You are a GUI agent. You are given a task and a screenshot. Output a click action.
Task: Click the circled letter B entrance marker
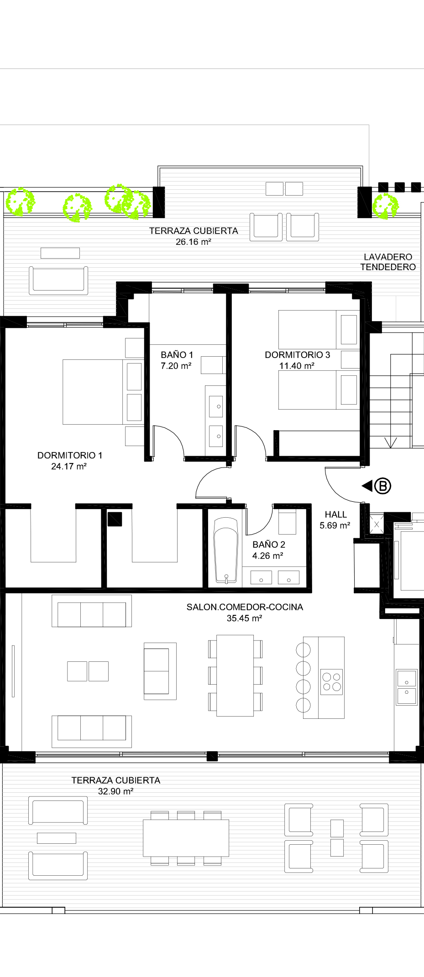pyautogui.click(x=383, y=486)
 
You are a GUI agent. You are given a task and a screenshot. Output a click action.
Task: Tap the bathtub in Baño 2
pyautogui.click(x=225, y=550)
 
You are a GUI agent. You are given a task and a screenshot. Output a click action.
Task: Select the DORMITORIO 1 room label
pyautogui.click(x=70, y=455)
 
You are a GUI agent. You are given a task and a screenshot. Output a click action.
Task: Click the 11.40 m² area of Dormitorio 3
pyautogui.click(x=297, y=366)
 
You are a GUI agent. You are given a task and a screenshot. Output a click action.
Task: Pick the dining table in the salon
pyautogui.click(x=235, y=676)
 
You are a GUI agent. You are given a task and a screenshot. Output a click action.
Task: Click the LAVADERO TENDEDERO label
pyautogui.click(x=388, y=262)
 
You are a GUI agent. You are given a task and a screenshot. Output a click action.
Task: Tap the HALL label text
pyautogui.click(x=336, y=514)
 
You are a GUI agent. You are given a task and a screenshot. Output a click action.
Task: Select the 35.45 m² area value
pyautogui.click(x=244, y=618)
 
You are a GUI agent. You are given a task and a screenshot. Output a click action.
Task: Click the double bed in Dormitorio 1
pyautogui.click(x=103, y=392)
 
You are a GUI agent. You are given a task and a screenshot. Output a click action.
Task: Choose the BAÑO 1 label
pyautogui.click(x=177, y=354)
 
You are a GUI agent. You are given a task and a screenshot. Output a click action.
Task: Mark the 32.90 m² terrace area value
pyautogui.click(x=115, y=791)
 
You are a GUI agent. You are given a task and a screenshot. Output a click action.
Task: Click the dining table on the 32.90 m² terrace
pyautogui.click(x=186, y=838)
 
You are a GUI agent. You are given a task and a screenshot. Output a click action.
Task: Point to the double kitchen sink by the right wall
pyautogui.click(x=407, y=687)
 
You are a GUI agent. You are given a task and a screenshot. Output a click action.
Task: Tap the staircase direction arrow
pyautogui.click(x=391, y=442)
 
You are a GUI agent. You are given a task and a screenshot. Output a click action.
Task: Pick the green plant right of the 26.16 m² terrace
pyautogui.click(x=386, y=206)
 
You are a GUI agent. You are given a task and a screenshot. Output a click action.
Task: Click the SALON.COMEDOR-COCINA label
pyautogui.click(x=245, y=607)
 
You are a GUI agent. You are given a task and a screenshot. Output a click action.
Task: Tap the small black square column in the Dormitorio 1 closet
pyautogui.click(x=115, y=519)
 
